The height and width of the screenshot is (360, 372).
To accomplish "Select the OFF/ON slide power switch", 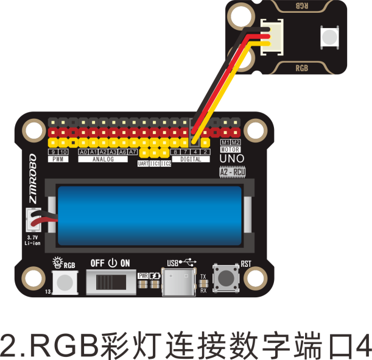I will coord(110,281).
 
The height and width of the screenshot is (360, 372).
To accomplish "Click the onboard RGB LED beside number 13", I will coord(65,282).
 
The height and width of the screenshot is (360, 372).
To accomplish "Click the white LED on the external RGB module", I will coord(329,38).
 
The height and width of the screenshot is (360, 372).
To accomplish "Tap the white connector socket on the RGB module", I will coord(273,38).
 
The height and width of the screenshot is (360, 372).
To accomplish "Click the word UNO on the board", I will coord(231,159).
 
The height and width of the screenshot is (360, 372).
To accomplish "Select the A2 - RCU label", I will coord(231,172).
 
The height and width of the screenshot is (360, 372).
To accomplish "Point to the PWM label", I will coord(58,159).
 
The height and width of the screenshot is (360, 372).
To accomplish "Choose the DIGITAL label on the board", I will coord(191,159).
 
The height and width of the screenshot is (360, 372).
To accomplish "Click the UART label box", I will coord(144,164).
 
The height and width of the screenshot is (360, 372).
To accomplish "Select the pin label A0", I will coord(83,152).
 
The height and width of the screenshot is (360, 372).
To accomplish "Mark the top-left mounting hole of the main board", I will coord(30,129).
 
